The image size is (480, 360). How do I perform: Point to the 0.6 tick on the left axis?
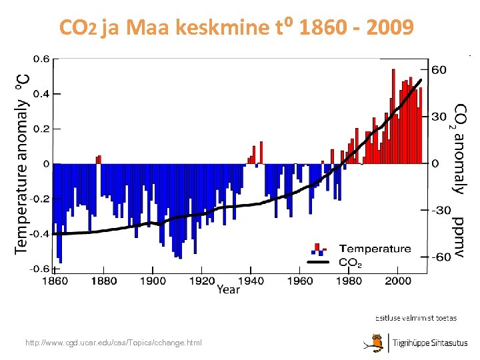(x=41, y=59)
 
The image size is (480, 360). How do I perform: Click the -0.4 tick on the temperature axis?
(x=40, y=234)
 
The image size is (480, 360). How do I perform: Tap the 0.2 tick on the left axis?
(x=41, y=129)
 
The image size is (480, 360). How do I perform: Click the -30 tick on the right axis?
(x=439, y=210)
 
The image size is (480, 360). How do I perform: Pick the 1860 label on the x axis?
(x=55, y=281)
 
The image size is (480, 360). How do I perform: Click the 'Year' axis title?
(x=228, y=290)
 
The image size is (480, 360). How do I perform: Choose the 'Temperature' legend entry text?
(x=375, y=249)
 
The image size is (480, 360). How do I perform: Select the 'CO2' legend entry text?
(x=351, y=262)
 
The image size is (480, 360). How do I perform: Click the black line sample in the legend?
(x=321, y=262)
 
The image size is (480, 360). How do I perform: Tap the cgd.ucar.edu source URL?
(x=113, y=343)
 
